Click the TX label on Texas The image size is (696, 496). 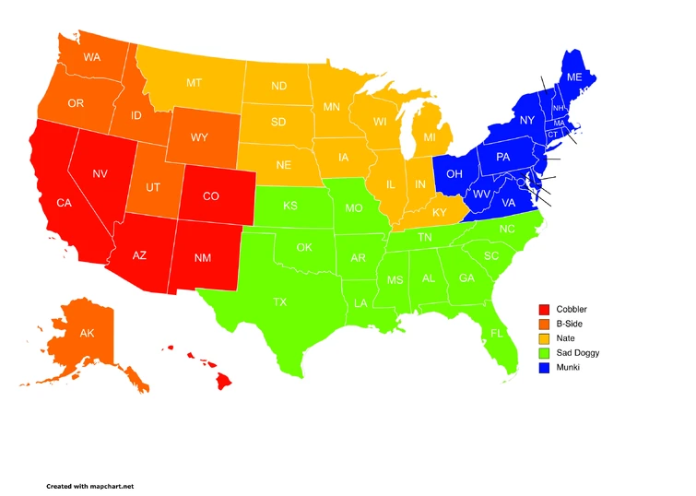[279, 301]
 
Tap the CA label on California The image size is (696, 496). [64, 202]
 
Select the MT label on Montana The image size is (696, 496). [194, 83]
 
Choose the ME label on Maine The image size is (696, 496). [573, 77]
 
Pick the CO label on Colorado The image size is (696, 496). [210, 195]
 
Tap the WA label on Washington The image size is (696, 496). [91, 57]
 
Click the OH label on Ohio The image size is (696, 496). [454, 172]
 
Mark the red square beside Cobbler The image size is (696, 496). [545, 309]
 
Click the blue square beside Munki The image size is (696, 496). [545, 368]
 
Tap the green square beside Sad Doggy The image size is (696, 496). [545, 353]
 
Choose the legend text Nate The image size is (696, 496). [566, 338]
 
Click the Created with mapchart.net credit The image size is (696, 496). [90, 485]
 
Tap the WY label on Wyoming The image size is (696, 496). [199, 137]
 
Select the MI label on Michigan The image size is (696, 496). [430, 137]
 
